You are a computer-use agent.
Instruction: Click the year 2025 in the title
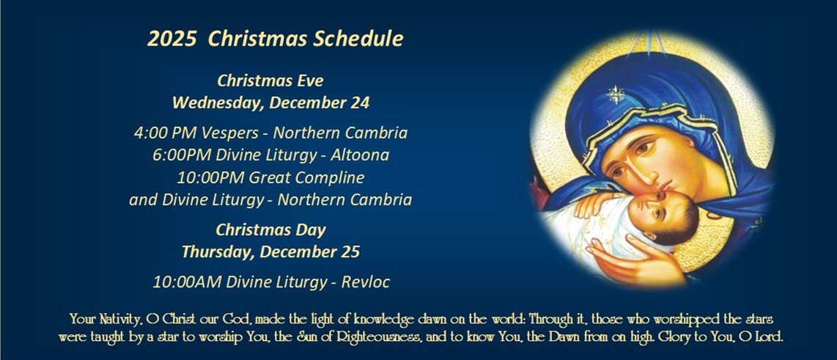(x=172, y=39)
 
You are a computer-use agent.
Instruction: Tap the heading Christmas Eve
(x=270, y=81)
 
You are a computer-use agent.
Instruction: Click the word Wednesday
(x=215, y=103)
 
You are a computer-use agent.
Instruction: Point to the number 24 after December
(x=361, y=103)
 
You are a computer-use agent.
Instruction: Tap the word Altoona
(x=361, y=155)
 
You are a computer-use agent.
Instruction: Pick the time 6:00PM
(x=181, y=155)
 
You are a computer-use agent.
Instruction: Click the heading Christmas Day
(x=270, y=229)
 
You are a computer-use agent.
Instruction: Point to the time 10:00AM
(x=188, y=282)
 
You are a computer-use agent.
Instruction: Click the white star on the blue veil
(x=616, y=95)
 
